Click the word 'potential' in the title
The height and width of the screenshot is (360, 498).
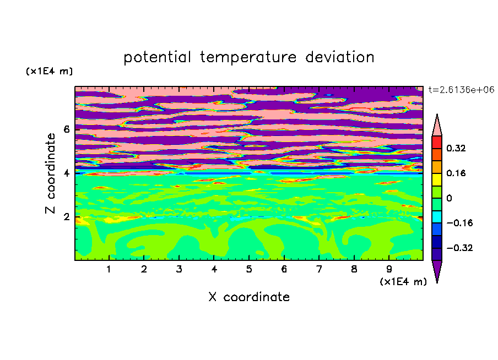(x=157, y=58)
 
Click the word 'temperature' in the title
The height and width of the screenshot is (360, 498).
(x=248, y=58)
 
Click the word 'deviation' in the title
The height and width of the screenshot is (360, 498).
(x=340, y=57)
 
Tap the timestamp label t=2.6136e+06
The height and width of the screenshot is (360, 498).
(x=461, y=90)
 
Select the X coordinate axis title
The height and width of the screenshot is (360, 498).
(x=249, y=297)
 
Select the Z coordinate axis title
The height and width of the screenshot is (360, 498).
(x=50, y=173)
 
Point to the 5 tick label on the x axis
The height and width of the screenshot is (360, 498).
(x=249, y=269)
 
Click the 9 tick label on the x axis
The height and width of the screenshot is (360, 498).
(x=389, y=269)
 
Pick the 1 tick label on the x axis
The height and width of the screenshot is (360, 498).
(x=109, y=269)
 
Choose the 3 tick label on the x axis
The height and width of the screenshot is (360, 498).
(x=179, y=269)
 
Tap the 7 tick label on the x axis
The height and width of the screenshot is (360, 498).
(x=319, y=269)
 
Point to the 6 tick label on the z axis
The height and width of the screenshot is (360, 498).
(x=66, y=129)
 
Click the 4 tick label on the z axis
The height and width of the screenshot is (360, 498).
(x=66, y=173)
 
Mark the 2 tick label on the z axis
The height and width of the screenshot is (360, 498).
(x=66, y=217)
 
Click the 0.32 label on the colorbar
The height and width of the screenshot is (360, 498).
(x=456, y=148)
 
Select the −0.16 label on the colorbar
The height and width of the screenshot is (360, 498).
(x=459, y=223)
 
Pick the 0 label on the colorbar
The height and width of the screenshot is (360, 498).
(x=449, y=198)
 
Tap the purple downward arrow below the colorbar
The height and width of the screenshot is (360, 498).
(x=437, y=270)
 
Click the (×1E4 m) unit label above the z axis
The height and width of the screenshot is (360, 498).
(x=49, y=71)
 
